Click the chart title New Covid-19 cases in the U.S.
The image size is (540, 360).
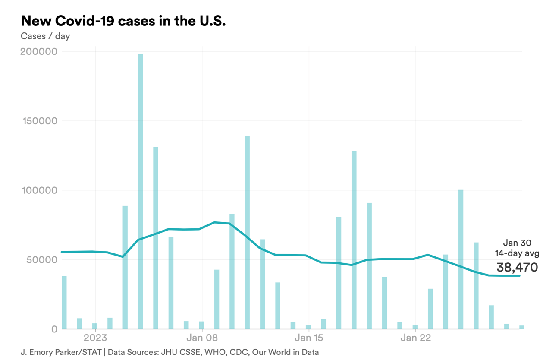pos(123,21)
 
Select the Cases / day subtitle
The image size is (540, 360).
pos(45,36)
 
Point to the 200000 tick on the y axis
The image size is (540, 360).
pos(39,52)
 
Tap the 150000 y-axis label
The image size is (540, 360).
pos(39,121)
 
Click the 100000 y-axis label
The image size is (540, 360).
pos(39,190)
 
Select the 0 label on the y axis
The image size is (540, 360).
pos(54,329)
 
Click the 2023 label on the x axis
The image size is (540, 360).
pos(95,338)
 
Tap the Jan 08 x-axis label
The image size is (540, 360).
pos(202,338)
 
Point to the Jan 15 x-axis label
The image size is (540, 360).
pos(309,338)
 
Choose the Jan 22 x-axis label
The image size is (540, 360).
pos(415,338)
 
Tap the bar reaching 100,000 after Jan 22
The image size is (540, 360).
pos(461,259)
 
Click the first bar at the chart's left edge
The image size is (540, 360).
pos(64,302)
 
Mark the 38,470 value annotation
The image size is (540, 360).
pos(517,267)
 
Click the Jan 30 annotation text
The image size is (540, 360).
pos(517,243)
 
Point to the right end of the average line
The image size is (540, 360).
pos(519,276)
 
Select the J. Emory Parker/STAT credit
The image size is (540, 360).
pos(61,352)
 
